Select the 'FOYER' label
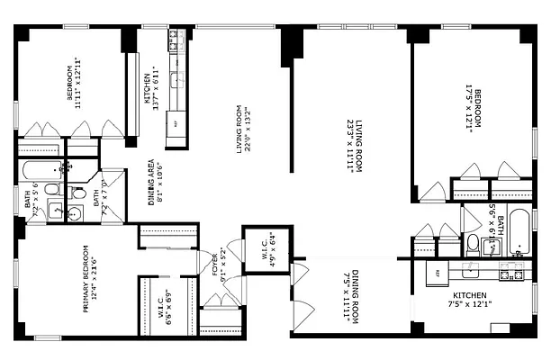(215, 266)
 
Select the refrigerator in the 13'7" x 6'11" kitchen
(176, 123)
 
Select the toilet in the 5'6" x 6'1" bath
(472, 242)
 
